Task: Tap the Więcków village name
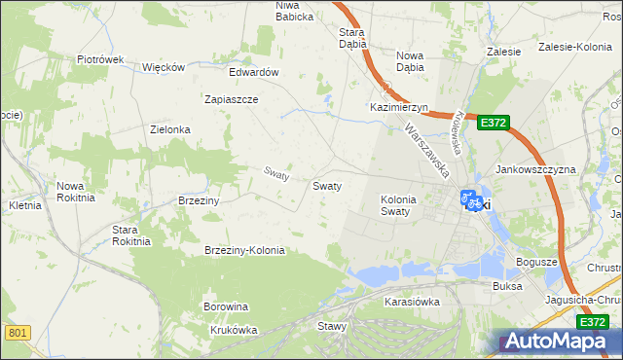click(x=164, y=67)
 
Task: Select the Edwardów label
click(x=254, y=72)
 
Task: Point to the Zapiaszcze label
click(x=231, y=99)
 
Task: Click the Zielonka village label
click(x=169, y=129)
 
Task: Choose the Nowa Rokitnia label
click(x=76, y=191)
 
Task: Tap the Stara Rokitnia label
click(x=131, y=234)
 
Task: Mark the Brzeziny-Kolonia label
click(x=244, y=250)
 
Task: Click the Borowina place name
click(x=226, y=306)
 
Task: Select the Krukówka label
click(x=234, y=330)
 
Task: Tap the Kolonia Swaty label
click(x=398, y=204)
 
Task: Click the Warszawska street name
click(x=427, y=149)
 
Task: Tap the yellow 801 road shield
click(x=18, y=333)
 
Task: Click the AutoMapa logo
click(x=555, y=342)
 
